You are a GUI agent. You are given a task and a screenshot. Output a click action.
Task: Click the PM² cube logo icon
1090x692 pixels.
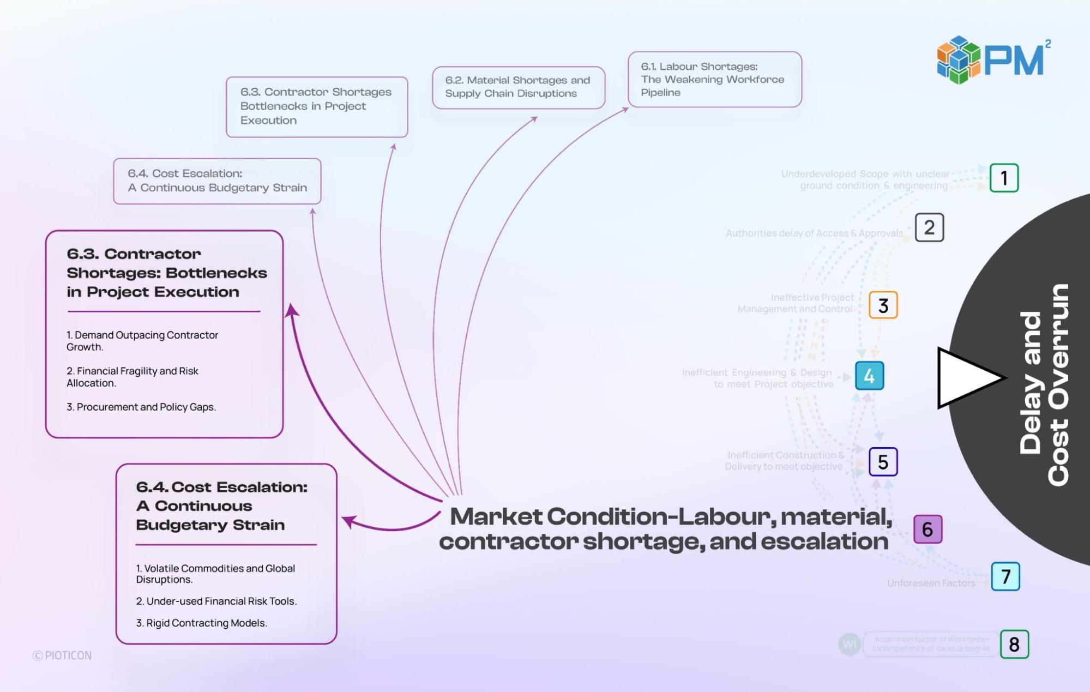point(958,59)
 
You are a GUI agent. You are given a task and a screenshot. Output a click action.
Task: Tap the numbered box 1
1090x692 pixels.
point(1004,178)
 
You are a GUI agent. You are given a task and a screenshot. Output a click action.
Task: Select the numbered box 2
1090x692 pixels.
point(929,227)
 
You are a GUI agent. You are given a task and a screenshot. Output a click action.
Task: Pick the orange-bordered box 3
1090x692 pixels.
point(883,305)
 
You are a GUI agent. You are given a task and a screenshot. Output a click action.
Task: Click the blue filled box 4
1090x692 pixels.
point(869,376)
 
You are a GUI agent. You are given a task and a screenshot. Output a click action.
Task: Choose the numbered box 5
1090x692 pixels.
point(883,462)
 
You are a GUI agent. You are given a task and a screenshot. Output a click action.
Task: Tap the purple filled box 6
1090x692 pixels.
point(928,529)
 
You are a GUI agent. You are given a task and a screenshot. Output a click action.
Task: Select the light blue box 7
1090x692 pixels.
point(1005,576)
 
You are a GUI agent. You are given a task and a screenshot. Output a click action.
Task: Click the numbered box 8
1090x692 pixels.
point(1014,644)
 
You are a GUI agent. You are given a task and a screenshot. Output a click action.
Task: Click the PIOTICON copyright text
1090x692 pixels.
point(62,655)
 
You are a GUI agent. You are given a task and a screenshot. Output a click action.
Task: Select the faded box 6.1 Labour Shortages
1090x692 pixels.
point(714,80)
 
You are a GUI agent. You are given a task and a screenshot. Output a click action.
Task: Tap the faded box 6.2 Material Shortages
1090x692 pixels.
point(518,87)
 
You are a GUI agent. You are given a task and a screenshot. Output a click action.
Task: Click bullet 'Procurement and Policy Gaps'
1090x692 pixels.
point(141,407)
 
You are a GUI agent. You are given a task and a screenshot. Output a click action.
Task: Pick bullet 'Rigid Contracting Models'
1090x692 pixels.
point(201,623)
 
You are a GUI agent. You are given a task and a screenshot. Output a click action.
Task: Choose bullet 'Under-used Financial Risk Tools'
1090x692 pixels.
point(216,601)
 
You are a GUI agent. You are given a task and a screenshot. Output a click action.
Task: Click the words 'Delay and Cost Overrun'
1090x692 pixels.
point(1044,384)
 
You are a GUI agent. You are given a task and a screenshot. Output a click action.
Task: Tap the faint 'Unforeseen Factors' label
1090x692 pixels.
point(931,583)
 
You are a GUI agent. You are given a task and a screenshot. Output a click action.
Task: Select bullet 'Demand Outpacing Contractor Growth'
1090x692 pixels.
point(142,341)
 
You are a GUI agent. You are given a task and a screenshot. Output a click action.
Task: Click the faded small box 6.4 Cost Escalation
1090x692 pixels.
point(217,181)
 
